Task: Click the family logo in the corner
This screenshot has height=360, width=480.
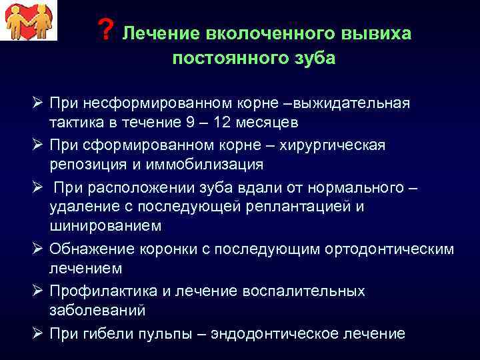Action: coord(29,21)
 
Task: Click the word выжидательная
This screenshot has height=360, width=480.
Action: coord(347,103)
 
